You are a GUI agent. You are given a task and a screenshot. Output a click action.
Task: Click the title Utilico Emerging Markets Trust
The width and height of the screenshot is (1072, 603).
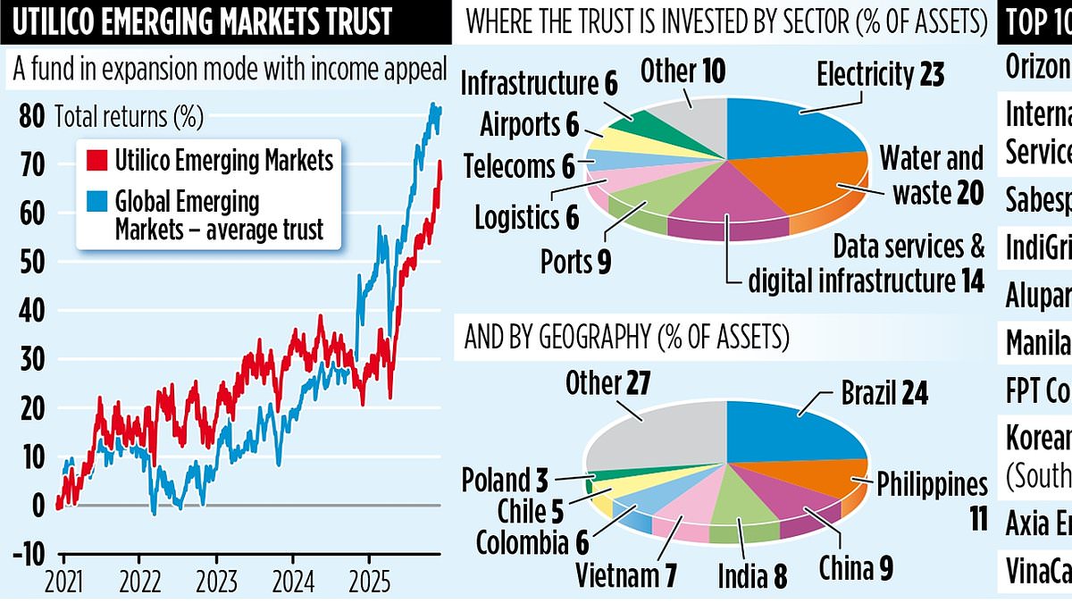point(201,21)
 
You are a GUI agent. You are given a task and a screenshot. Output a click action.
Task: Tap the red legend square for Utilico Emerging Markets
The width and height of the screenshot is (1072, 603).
point(93,162)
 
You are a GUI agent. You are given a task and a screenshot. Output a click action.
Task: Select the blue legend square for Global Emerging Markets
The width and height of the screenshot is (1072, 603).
point(93,202)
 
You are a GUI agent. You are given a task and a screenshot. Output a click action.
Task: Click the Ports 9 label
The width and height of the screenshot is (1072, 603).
point(579,263)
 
